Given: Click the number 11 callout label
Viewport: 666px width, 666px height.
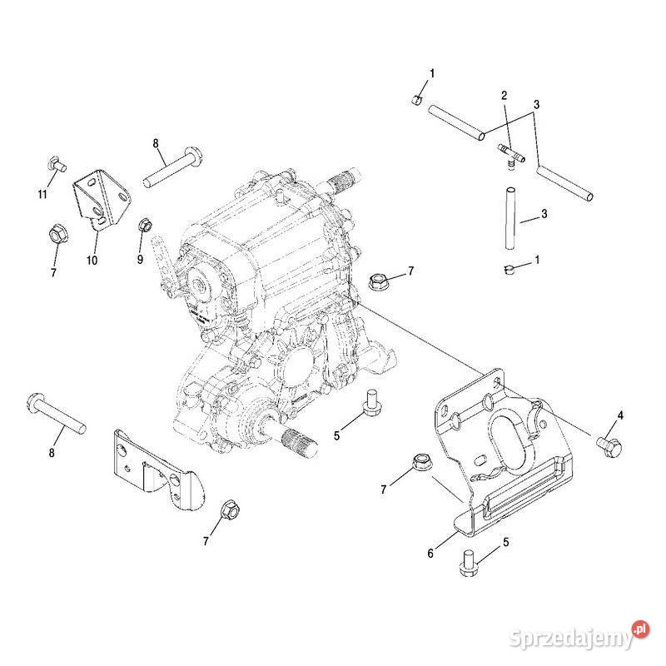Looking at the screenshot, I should pyautogui.click(x=42, y=195).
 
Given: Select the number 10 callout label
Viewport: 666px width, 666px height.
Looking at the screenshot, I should pyautogui.click(x=92, y=260).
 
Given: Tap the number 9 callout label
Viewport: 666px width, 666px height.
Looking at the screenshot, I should pyautogui.click(x=140, y=259).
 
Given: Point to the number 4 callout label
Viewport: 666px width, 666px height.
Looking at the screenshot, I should pyautogui.click(x=619, y=415).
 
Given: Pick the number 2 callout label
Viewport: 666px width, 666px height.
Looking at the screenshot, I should pyautogui.click(x=504, y=96).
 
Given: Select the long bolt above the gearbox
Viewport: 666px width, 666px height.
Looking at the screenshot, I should pyautogui.click(x=174, y=166).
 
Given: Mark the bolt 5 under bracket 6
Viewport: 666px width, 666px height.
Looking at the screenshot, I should pyautogui.click(x=468, y=564).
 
